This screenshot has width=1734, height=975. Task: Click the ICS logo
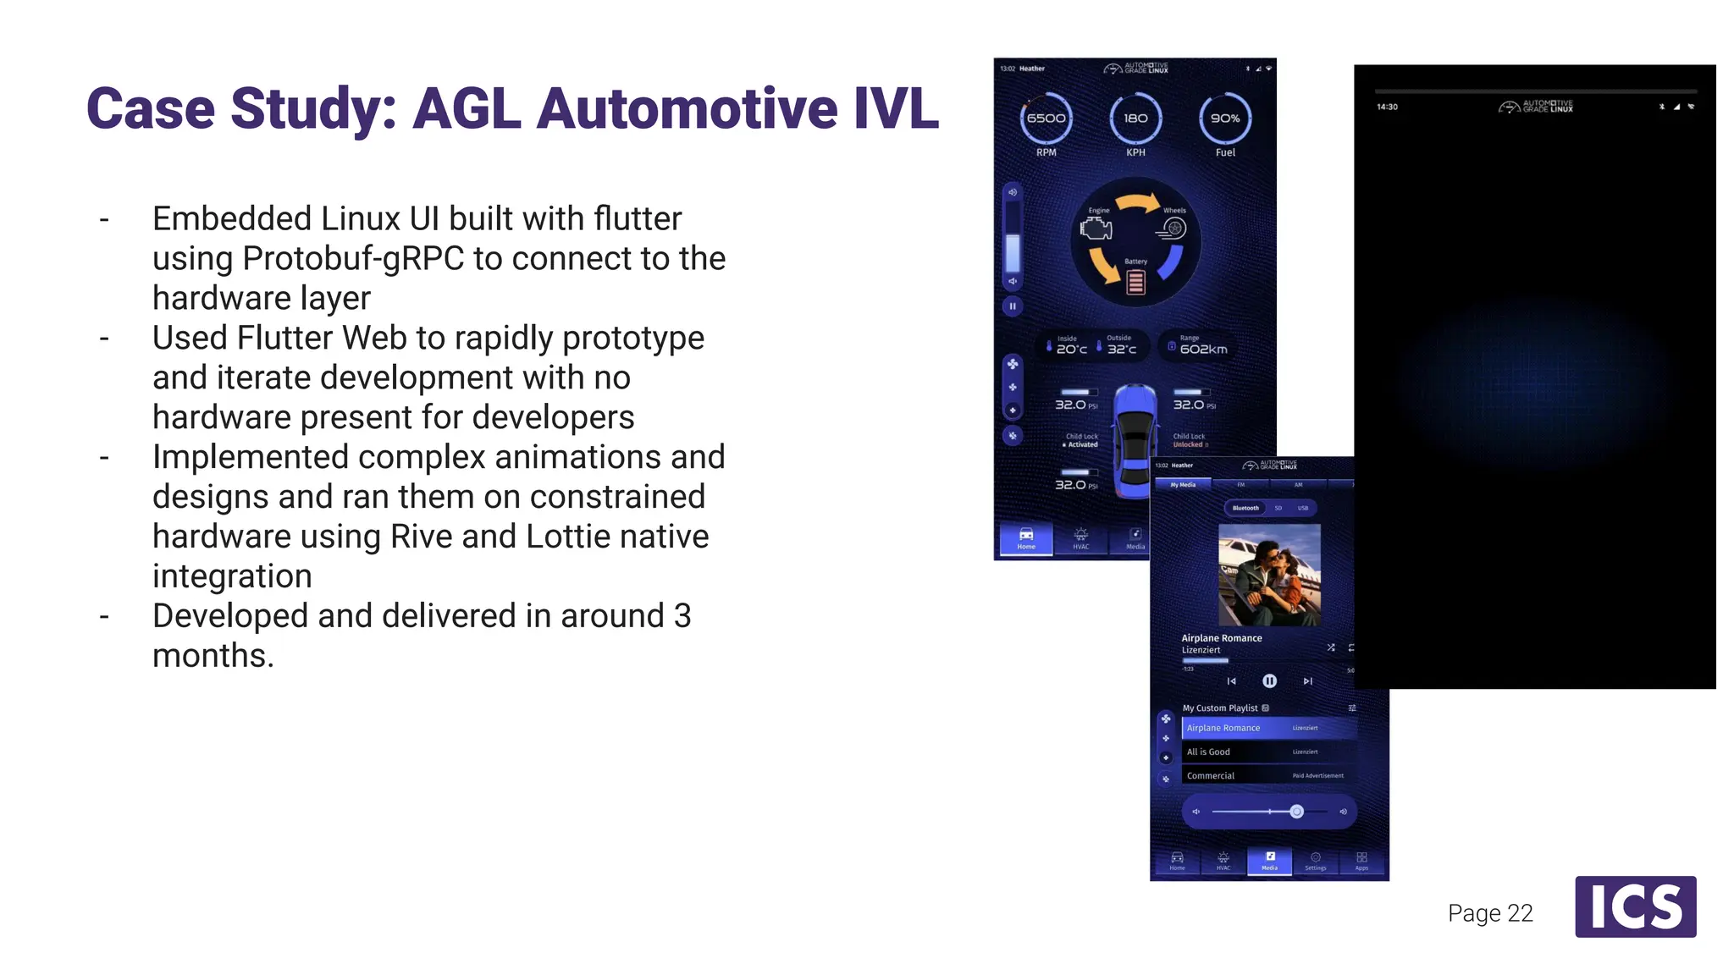[1635, 906]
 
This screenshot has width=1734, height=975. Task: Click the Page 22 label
[1490, 913]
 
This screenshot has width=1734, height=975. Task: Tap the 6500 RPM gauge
[1046, 118]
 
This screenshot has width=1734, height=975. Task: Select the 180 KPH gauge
[1135, 118]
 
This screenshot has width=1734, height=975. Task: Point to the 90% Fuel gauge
[1225, 118]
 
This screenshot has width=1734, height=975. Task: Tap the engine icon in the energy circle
[1096, 228]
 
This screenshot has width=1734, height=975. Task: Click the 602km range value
[1203, 349]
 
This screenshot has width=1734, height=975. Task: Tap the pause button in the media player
[1269, 680]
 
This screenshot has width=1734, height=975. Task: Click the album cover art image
[1269, 575]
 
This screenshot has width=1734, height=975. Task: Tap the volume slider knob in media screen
[1296, 812]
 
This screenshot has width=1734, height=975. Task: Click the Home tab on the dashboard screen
[1026, 538]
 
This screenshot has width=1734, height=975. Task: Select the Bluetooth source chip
[1245, 508]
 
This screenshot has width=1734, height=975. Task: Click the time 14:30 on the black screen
[1387, 107]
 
